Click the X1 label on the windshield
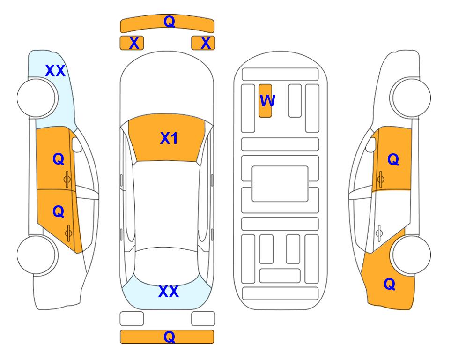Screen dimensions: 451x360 tap(169, 138)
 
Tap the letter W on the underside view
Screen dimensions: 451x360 tap(267, 100)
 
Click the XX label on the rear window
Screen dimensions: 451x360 tap(169, 292)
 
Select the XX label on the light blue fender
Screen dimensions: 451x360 tap(55, 71)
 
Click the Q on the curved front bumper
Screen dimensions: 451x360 tap(169, 21)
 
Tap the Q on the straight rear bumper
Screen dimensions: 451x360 tap(169, 337)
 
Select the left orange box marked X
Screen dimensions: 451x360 tap(132, 43)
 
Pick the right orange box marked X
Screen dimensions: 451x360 tap(203, 43)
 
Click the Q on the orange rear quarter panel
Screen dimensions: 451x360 tap(390, 284)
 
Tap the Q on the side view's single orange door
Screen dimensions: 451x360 tap(393, 159)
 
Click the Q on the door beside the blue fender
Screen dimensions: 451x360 tap(59, 159)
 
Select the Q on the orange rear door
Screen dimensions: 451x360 tap(59, 212)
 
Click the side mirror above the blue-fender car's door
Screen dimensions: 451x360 tap(76, 144)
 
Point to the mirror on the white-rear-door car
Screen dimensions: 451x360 tap(371, 144)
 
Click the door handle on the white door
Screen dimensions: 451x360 tap(379, 233)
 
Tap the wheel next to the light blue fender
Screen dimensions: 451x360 tap(37, 98)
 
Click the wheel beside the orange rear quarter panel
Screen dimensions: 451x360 tap(411, 255)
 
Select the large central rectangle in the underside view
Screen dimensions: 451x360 tap(280, 184)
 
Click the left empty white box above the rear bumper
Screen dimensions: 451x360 tap(132, 319)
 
